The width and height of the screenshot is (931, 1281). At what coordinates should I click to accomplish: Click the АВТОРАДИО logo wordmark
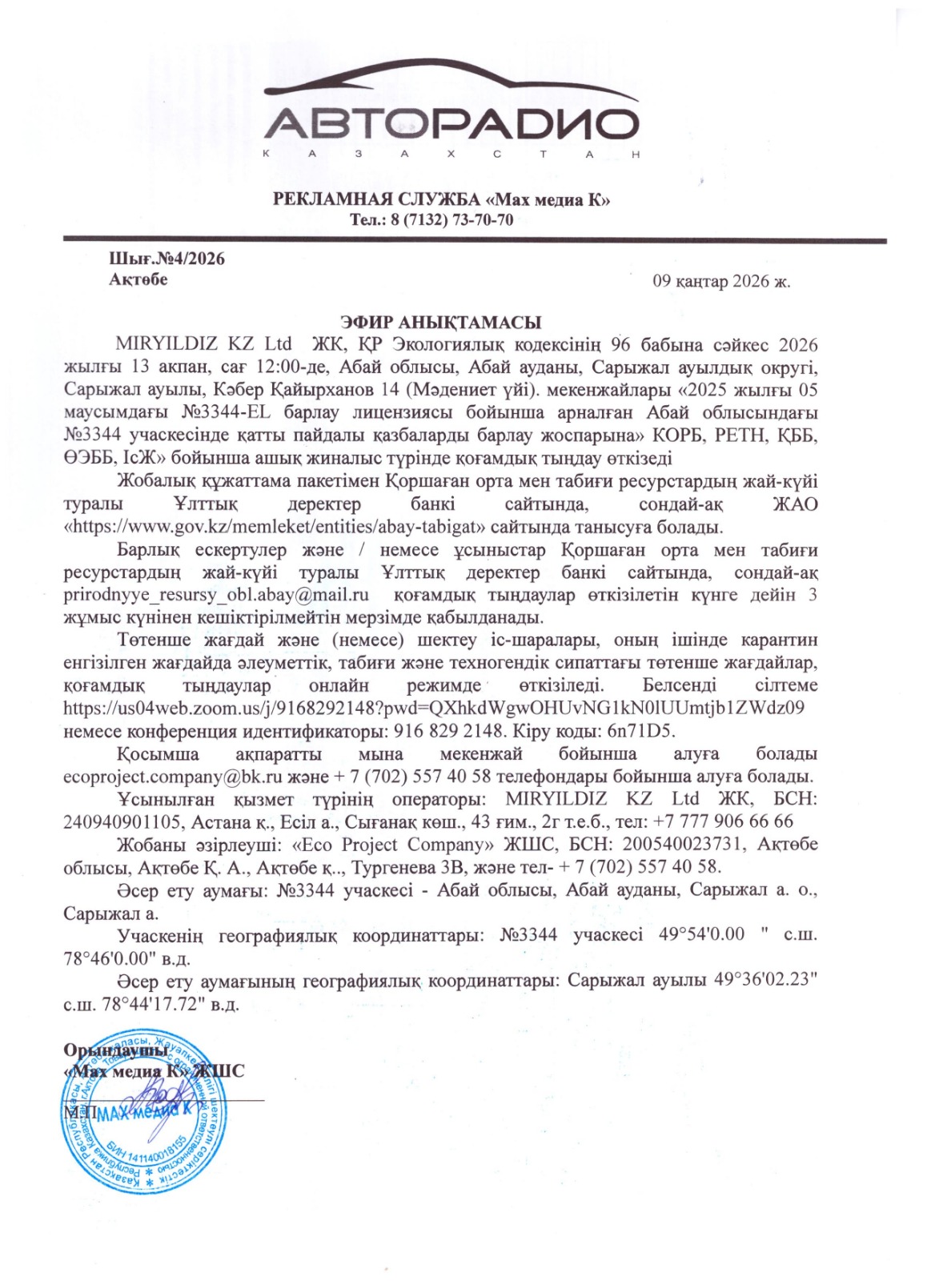click(453, 124)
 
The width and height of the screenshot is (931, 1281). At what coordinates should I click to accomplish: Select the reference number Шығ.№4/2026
click(167, 259)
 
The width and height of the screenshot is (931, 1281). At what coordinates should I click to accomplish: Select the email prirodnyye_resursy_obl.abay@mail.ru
click(216, 595)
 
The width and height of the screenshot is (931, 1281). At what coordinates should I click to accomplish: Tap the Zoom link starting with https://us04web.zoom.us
click(434, 708)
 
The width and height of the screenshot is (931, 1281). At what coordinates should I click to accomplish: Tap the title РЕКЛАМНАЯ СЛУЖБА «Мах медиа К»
click(442, 199)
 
